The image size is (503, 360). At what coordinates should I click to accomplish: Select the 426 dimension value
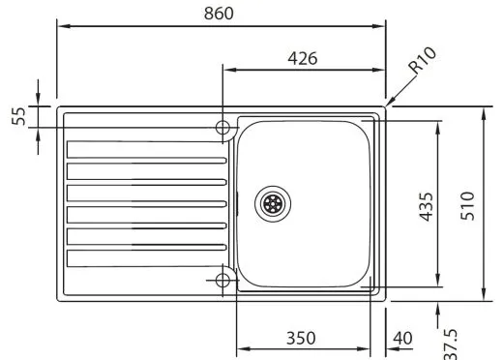[304, 57]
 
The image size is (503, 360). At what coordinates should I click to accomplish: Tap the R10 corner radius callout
[423, 65]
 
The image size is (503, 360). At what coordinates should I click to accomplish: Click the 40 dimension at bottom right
[403, 338]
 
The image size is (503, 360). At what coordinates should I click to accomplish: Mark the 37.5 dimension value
[451, 342]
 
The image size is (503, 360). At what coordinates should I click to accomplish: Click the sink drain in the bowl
[273, 203]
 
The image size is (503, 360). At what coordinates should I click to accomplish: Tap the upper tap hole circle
[223, 128]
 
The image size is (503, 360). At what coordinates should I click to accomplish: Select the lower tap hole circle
[223, 280]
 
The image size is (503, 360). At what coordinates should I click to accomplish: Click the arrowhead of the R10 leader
[388, 103]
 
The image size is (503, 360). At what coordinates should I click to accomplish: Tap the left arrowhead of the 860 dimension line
[62, 26]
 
